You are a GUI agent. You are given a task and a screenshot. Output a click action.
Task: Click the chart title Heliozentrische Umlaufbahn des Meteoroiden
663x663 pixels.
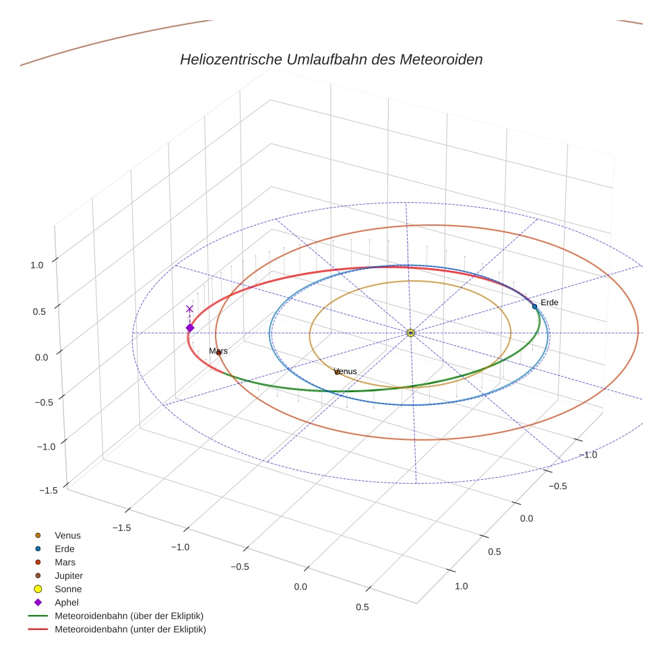tap(331, 59)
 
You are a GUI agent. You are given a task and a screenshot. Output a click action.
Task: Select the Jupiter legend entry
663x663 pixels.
tap(69, 575)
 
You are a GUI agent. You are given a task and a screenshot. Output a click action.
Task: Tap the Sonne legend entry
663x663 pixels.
tap(68, 589)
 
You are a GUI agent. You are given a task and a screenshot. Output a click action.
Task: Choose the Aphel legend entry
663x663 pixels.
tap(67, 602)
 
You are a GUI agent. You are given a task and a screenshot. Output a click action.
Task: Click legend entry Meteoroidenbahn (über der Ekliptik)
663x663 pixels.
tap(129, 616)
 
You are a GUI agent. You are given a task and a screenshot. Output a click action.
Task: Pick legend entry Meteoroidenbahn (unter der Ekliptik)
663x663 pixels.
tap(130, 629)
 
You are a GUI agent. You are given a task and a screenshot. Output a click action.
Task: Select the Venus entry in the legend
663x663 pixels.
tap(67, 535)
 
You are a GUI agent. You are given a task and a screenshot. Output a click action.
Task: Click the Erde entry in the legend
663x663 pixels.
tap(65, 548)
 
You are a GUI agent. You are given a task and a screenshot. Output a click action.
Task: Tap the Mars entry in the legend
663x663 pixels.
tap(65, 562)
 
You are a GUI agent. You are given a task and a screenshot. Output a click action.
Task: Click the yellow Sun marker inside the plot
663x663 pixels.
tap(410, 333)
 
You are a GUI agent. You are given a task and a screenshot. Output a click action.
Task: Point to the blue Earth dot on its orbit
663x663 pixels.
tap(534, 306)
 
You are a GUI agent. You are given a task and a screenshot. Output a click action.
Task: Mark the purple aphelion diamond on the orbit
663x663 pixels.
tap(190, 328)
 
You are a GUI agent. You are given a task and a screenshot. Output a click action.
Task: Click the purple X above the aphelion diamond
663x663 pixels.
tap(189, 309)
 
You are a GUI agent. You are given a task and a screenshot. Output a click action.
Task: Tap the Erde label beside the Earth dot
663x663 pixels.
tap(549, 303)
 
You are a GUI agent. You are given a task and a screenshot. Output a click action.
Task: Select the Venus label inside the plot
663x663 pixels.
tap(346, 371)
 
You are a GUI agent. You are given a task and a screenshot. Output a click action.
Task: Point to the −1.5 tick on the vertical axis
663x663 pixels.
tap(48, 491)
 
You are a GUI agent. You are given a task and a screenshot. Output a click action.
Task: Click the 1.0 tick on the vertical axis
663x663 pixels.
tap(36, 265)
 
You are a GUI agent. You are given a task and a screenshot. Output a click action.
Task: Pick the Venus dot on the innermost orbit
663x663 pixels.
tap(338, 372)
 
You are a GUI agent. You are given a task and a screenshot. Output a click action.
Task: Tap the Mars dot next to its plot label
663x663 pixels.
tap(218, 352)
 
